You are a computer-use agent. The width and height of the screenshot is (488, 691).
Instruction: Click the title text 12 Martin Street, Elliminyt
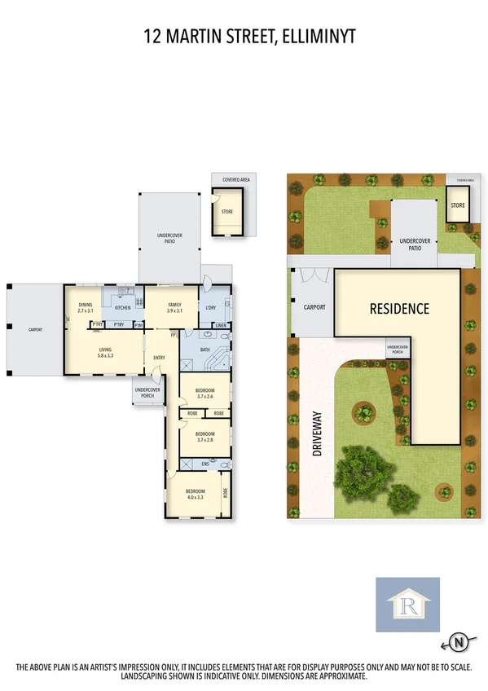[244, 36]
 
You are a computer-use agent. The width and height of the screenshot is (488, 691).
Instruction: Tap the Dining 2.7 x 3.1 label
[86, 308]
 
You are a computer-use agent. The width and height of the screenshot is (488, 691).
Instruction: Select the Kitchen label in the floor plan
[122, 308]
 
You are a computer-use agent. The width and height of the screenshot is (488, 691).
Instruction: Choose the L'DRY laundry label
[211, 307]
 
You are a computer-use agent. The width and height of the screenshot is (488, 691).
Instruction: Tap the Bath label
[204, 350]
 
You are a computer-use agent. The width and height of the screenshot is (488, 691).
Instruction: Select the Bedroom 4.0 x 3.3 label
[195, 494]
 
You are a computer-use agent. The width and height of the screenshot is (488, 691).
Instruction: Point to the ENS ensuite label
[205, 464]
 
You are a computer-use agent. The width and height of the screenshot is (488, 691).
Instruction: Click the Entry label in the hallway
[159, 356]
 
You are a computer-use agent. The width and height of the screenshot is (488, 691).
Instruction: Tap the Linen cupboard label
[221, 326]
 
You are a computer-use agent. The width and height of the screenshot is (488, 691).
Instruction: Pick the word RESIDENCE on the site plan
[399, 309]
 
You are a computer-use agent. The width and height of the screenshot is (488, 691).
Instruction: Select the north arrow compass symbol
[459, 644]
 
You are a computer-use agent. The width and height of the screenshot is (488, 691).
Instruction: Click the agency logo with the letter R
[407, 605]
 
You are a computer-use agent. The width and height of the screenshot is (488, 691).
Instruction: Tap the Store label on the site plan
[457, 205]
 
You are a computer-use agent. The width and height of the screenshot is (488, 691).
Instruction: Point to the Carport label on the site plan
[314, 307]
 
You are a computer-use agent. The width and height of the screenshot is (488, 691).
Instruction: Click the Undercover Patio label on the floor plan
[169, 239]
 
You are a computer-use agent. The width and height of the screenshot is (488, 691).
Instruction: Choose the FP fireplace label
[173, 335]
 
